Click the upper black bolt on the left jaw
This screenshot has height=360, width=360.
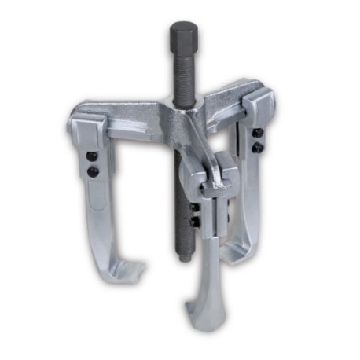[92, 157]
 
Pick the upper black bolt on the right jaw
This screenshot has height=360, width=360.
[256, 134]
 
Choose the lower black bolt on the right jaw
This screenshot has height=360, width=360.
[256, 147]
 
